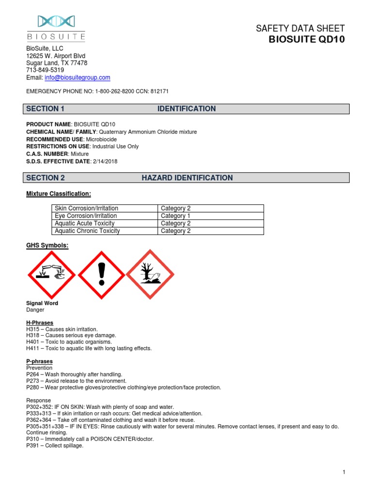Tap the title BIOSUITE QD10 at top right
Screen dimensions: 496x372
(307, 40)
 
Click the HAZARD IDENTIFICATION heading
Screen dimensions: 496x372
(187, 178)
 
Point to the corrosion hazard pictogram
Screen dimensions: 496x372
(52, 274)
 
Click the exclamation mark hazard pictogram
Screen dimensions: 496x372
(101, 274)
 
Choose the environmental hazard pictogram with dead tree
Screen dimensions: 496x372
(150, 274)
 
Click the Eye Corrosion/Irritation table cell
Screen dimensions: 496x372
(86, 216)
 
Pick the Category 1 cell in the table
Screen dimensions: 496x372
(175, 216)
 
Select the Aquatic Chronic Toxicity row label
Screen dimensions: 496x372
(87, 231)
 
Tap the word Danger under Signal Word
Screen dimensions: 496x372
(35, 310)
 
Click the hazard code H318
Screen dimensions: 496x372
(33, 335)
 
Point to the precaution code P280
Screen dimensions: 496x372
(33, 387)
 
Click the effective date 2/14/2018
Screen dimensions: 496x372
(105, 161)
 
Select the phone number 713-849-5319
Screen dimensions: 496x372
(45, 70)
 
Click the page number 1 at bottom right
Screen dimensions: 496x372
(343, 472)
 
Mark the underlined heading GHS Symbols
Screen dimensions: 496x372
(47, 246)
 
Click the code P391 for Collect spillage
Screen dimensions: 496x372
(33, 446)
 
